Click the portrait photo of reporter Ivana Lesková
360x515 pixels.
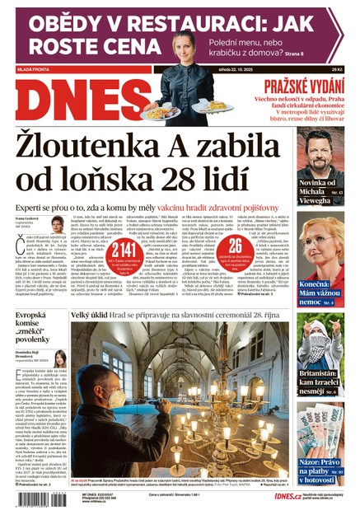tap(57, 223)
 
